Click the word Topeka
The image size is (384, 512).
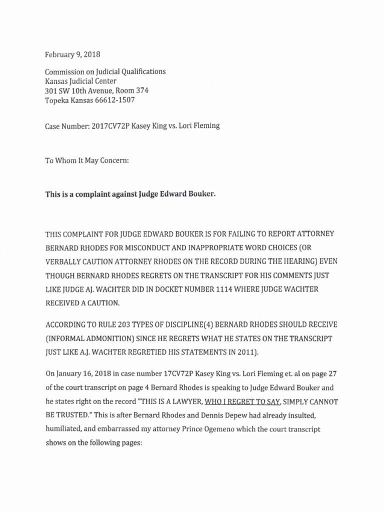pyautogui.click(x=56, y=100)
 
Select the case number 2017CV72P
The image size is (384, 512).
pyautogui.click(x=110, y=126)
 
